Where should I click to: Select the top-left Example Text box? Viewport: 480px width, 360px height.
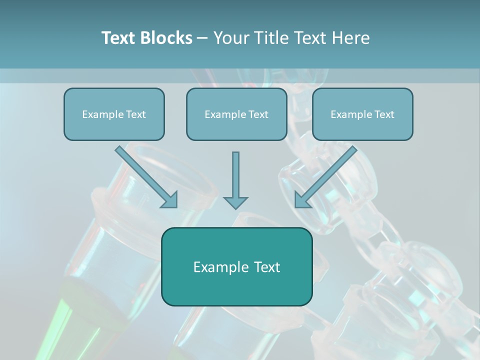coord(114,114)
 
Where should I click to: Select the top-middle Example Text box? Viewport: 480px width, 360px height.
coord(236,114)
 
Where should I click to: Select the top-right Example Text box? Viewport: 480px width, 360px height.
coord(362,114)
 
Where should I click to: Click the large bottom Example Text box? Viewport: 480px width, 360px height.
coord(236,266)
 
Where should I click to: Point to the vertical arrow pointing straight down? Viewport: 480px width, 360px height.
coord(235,177)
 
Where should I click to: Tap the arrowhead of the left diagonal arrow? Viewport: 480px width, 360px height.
coord(170,199)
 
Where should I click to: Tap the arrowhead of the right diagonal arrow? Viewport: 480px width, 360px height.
coord(302,199)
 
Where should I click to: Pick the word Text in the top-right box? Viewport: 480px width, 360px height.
coord(384,114)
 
